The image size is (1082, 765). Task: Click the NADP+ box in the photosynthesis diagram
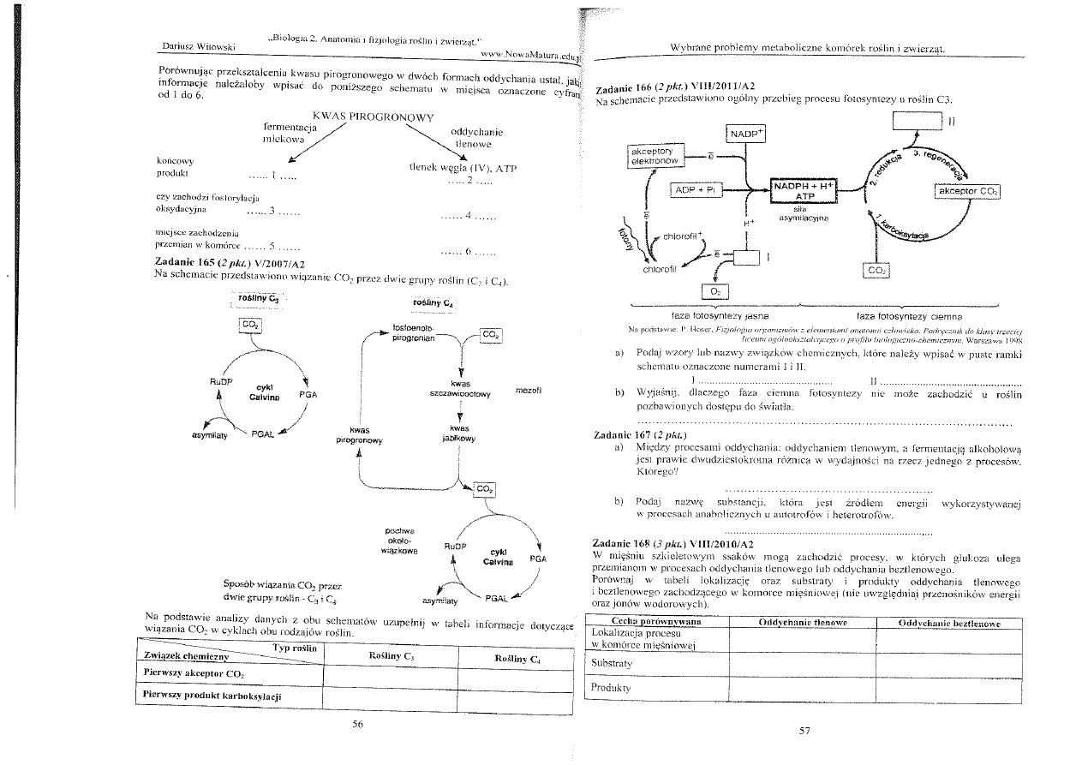(746, 134)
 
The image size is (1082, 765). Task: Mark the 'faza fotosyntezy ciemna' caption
(883, 315)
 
